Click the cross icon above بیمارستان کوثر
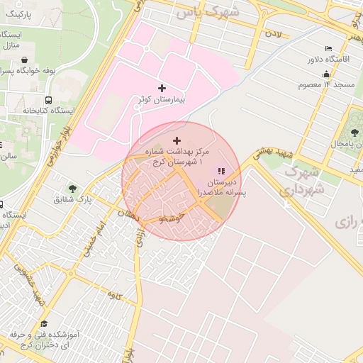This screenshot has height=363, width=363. pyautogui.click(x=162, y=89)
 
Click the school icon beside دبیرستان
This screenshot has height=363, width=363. pyautogui.click(x=220, y=171)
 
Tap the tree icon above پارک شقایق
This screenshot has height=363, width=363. pyautogui.click(x=73, y=187)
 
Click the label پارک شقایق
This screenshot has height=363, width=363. pyautogui.click(x=73, y=199)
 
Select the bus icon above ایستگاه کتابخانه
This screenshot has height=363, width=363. pyautogui.click(x=49, y=100)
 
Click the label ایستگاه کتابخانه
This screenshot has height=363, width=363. pyautogui.click(x=29, y=111)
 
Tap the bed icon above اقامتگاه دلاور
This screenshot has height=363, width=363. pyautogui.click(x=327, y=48)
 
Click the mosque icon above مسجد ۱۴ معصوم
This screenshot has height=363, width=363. pyautogui.click(x=326, y=74)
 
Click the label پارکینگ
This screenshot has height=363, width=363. pyautogui.click(x=18, y=13)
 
